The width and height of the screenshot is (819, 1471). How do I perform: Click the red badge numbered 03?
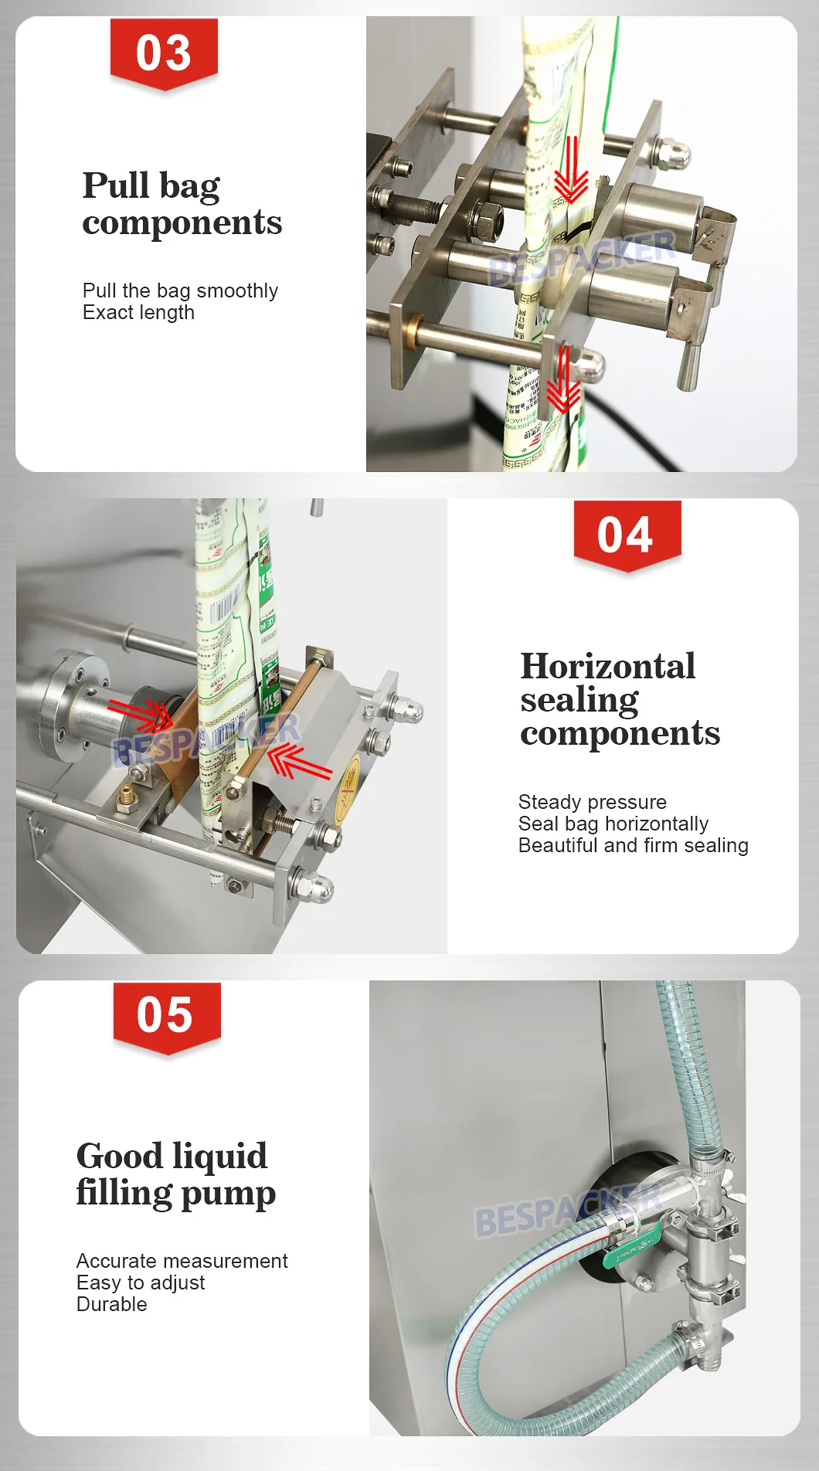(x=164, y=53)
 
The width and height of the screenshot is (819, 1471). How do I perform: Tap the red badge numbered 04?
(x=627, y=535)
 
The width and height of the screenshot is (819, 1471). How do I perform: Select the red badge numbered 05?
(x=166, y=1015)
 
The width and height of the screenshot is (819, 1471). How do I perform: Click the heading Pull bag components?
(x=182, y=203)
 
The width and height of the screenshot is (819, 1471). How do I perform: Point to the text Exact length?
(x=138, y=313)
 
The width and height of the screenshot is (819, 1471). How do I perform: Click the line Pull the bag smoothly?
(x=180, y=290)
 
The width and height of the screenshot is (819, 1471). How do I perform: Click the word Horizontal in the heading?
(x=607, y=666)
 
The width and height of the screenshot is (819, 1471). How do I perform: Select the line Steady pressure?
(x=592, y=802)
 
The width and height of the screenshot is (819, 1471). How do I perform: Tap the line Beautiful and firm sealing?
(x=633, y=845)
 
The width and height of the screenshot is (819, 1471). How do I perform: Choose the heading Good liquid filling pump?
(x=175, y=1174)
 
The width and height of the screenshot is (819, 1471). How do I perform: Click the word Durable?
(x=111, y=1304)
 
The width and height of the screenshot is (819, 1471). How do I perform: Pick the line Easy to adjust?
(x=141, y=1282)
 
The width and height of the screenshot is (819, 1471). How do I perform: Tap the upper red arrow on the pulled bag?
(x=571, y=170)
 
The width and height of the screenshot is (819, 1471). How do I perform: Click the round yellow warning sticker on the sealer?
(x=350, y=780)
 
